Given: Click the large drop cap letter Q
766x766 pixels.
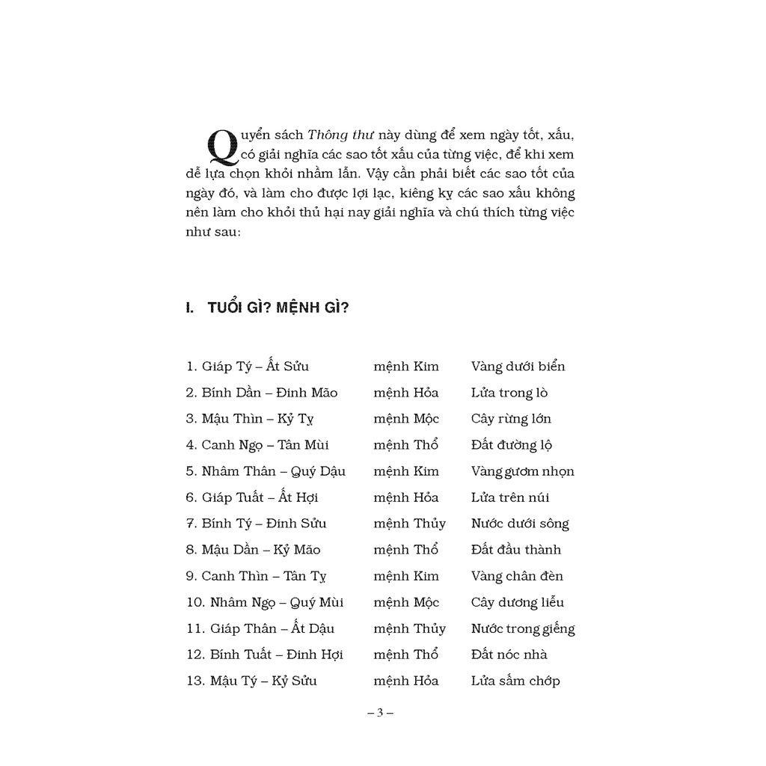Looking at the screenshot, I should pos(221,147).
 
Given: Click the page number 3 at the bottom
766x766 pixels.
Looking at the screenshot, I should pos(380,712).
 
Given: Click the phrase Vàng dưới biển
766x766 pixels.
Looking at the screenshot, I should pos(518,367).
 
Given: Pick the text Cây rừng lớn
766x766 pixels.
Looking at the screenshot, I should pos(511,419).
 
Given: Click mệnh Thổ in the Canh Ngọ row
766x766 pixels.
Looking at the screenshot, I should pos(405,445).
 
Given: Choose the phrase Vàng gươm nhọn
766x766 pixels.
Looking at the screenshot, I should pos(522,471).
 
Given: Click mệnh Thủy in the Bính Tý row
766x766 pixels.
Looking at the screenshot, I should pos(409,524).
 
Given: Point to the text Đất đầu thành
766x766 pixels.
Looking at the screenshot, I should pos(515,550).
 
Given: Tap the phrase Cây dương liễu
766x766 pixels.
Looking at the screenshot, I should pos(517,602).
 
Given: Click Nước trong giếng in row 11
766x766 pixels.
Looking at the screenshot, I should pos(523,628).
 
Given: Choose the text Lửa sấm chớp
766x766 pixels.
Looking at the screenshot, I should pos(515,681).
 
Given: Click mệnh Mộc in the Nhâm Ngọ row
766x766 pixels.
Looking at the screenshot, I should pos(406,602).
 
